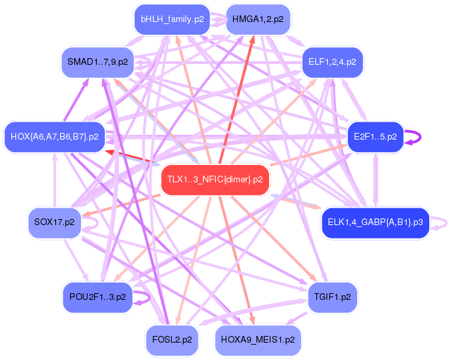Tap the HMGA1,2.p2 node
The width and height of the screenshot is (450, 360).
[258, 19]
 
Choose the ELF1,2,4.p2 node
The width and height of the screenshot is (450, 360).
[332, 62]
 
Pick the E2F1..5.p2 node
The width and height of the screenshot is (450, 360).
[375, 137]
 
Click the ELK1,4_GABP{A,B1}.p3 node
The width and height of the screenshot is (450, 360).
[375, 222]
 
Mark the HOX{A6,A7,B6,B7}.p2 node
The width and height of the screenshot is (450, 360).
[55, 137]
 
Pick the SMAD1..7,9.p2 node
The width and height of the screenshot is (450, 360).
[97, 62]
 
